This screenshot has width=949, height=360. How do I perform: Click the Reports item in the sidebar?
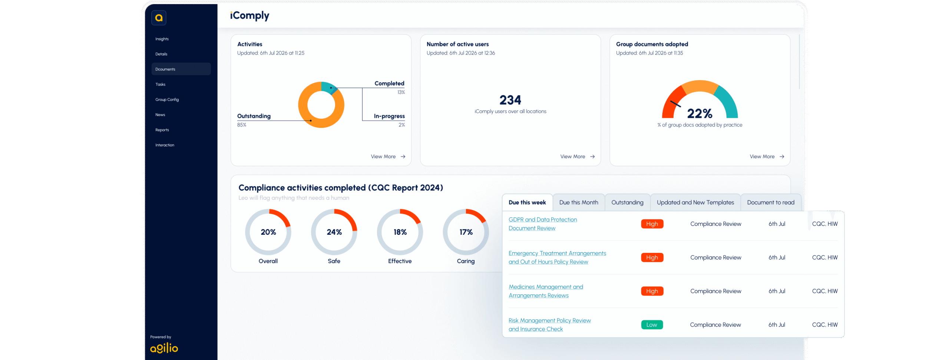click(162, 130)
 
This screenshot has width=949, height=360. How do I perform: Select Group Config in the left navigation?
click(167, 99)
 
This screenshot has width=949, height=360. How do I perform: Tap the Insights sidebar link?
click(162, 39)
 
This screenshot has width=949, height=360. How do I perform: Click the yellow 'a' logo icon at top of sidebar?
click(159, 18)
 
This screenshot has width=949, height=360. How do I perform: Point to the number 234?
click(510, 100)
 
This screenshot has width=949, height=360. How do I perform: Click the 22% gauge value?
click(700, 113)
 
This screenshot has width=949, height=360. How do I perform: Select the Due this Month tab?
click(579, 202)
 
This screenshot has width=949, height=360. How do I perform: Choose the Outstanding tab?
click(627, 202)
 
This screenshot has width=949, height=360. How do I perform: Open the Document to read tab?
click(771, 202)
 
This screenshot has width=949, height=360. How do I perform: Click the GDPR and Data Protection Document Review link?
click(543, 224)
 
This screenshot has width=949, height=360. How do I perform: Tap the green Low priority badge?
click(652, 325)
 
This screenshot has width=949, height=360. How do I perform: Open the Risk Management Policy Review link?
click(550, 325)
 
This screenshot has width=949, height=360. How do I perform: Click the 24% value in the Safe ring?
click(334, 232)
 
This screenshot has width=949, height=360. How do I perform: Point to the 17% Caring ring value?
click(466, 232)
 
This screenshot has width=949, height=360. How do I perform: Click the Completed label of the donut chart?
click(389, 83)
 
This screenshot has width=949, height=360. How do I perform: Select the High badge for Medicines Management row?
click(652, 291)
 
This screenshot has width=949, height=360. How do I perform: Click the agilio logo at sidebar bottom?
click(164, 348)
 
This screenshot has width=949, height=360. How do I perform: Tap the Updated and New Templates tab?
click(695, 202)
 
